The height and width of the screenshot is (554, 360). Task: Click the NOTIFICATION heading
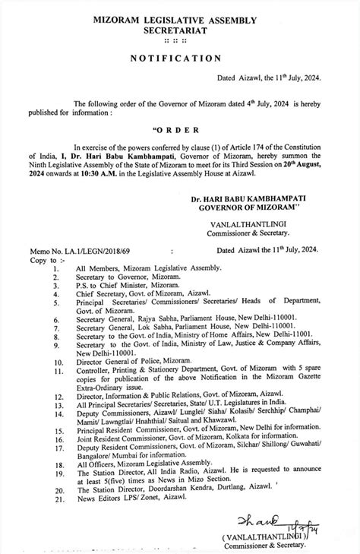tap(179, 58)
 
